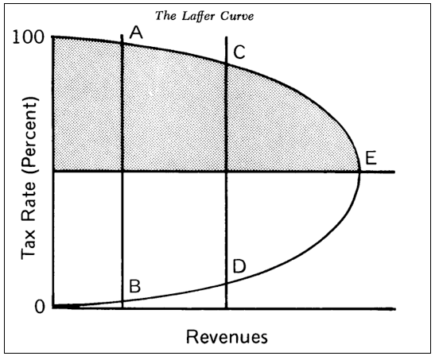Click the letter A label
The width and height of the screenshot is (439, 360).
tap(136, 32)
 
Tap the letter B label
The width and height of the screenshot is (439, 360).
tap(134, 286)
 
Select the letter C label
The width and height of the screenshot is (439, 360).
tap(239, 52)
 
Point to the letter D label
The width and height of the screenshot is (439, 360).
tap(239, 266)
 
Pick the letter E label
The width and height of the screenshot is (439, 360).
tap(371, 158)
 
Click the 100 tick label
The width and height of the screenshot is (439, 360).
tap(29, 37)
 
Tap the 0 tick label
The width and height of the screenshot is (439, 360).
tap(40, 307)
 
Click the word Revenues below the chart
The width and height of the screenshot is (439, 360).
tap(227, 337)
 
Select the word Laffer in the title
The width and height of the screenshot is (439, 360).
tap(198, 16)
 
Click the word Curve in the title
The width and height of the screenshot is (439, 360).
tap(237, 16)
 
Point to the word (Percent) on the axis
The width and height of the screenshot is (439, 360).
tap(29, 135)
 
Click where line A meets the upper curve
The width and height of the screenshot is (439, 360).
tap(122, 43)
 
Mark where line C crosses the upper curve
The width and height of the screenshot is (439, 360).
tap(226, 64)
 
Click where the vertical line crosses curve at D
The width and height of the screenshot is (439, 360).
tap(226, 284)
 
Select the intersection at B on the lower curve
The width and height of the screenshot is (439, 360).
tap(122, 301)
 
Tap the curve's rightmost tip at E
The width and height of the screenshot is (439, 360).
tap(360, 172)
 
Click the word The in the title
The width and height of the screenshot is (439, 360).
tap(165, 16)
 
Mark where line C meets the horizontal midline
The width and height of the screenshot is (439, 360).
tap(226, 172)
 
